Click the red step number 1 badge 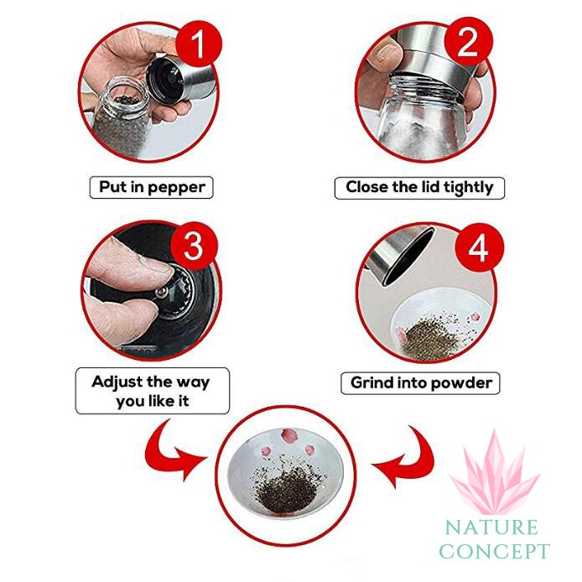click(199, 44)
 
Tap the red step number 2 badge click(469, 42)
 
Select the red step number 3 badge click(194, 246)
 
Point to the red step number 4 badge click(479, 247)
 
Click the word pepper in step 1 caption click(177, 188)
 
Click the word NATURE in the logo click(491, 527)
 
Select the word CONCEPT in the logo click(494, 551)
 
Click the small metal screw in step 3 click(161, 294)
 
